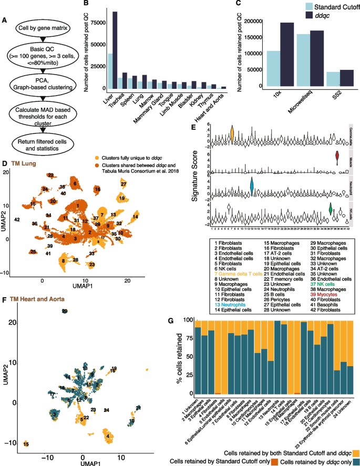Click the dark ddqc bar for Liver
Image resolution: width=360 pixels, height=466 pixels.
tap(115, 50)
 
